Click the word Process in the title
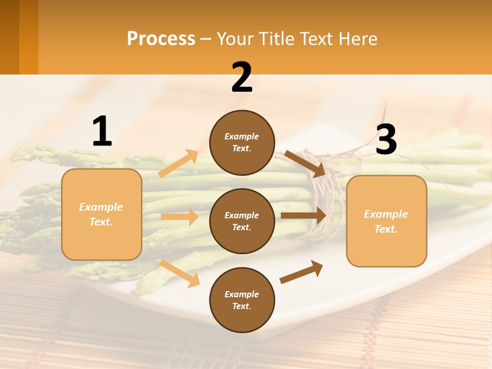pos(161,38)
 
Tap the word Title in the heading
pos(275,38)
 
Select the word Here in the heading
pos(357,38)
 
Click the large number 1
pos(102,132)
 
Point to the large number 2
pos(242,77)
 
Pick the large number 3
pos(386,139)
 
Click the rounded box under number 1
pos(101,214)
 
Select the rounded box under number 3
pos(386,221)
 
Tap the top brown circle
pos(242,142)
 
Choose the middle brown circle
pos(242,221)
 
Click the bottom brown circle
pos(242,300)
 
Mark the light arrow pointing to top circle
pos(178,163)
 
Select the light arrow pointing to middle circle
pos(179,217)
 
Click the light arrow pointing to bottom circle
pos(180,273)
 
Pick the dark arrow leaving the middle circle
pos(303,216)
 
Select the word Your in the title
pos(236,38)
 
